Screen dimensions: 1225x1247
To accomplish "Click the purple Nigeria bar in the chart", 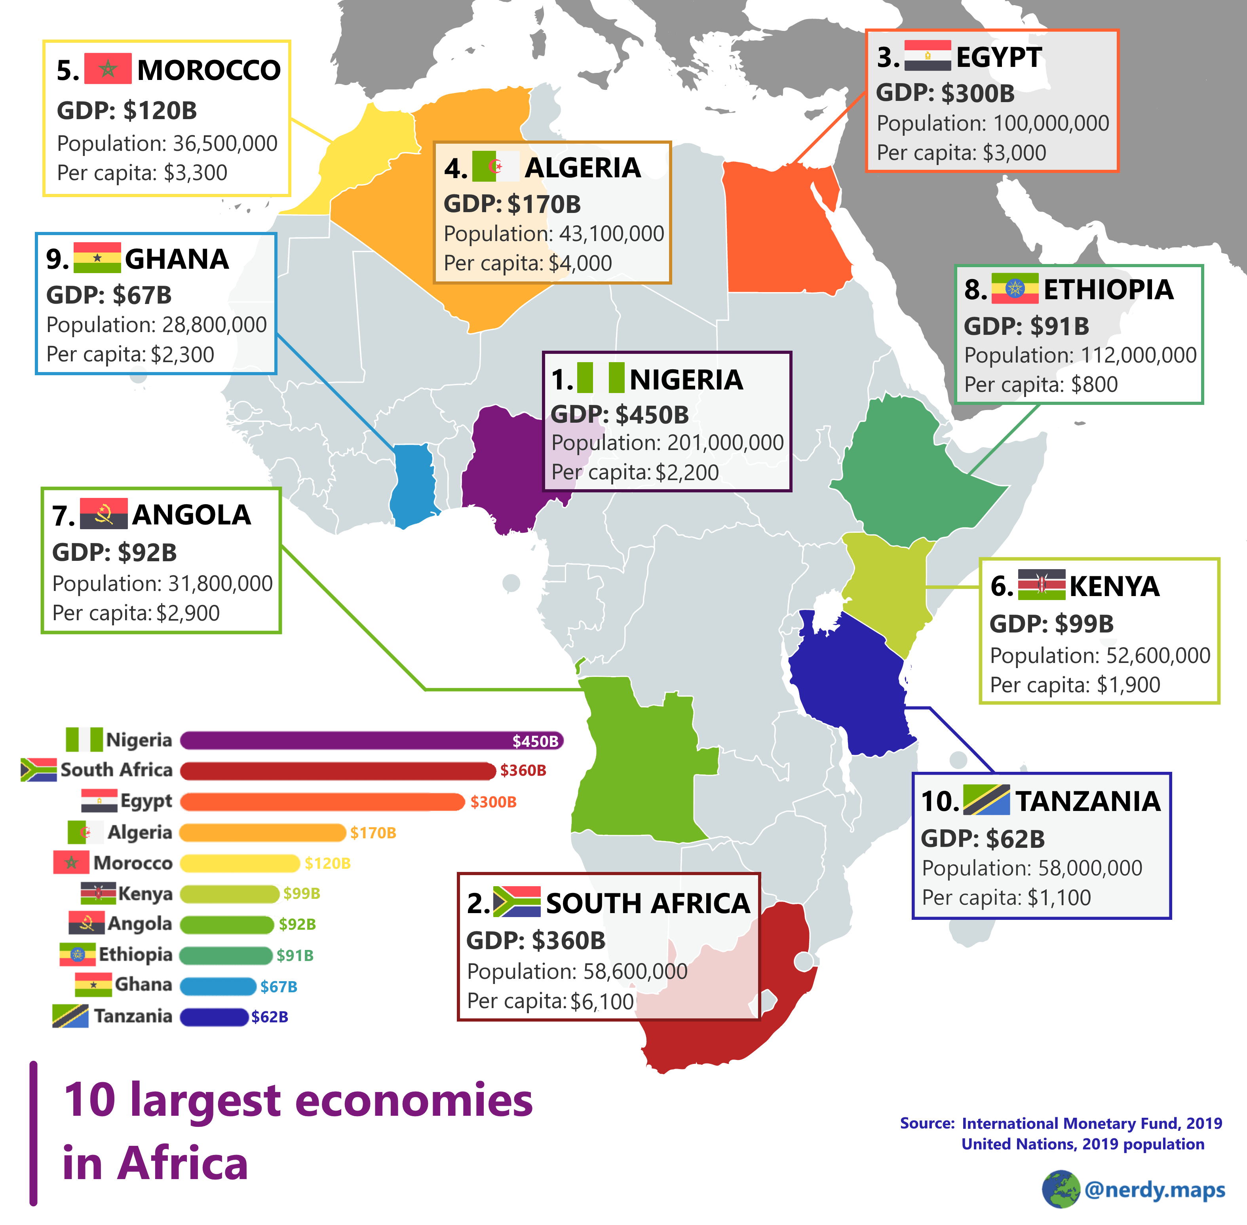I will pos(348,741).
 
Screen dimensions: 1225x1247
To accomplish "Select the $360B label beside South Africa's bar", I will pos(523,770).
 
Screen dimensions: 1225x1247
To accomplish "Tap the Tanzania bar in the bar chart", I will pos(214,1016).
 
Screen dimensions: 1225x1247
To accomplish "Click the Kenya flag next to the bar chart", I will pos(98,893).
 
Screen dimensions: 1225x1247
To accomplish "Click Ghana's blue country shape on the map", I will pos(412,482).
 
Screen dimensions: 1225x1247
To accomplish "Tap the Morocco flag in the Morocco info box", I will pos(107,68).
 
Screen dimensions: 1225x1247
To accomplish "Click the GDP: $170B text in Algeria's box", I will pos(512,205).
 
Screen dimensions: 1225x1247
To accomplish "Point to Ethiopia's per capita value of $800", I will pos(1094,385).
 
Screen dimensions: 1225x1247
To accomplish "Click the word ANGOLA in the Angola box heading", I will pos(191,515).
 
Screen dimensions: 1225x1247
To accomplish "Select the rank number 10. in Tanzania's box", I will pos(939,801).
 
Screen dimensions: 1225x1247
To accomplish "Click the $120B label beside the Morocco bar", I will pos(327,863).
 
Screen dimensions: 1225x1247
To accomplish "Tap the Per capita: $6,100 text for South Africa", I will pos(550,1001).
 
